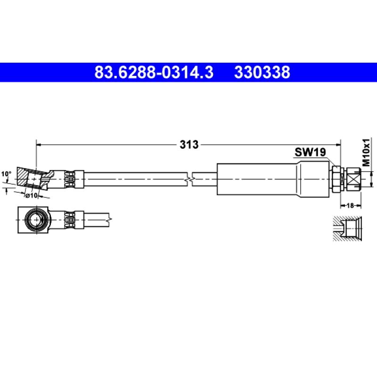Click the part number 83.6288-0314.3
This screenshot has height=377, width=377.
pos(154,72)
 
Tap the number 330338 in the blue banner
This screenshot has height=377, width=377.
pos(262,72)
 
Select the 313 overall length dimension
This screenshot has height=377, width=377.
pos(189,145)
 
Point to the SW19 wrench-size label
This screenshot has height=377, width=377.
pos(310,152)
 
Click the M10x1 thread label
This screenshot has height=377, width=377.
pos(366,152)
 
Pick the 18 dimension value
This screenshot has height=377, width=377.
pos(351,205)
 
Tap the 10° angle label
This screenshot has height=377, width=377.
pos(6,174)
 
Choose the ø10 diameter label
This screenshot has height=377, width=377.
pos(32,196)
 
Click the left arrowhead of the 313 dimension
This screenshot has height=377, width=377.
pos(39,145)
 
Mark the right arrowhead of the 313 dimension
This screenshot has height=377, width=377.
pos(338,145)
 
